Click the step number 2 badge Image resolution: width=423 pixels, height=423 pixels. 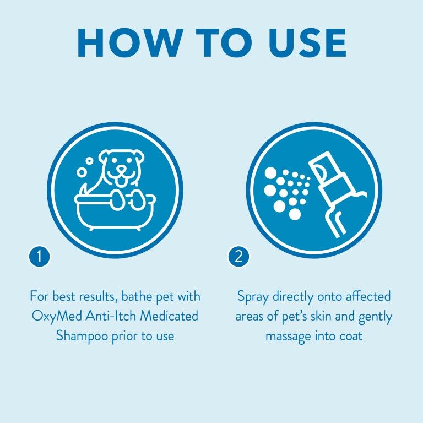pos(238,256)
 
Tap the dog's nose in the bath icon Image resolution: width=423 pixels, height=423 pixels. pos(118,166)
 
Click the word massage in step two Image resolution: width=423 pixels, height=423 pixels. pos(290,335)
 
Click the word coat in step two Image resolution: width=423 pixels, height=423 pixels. pos(350,335)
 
